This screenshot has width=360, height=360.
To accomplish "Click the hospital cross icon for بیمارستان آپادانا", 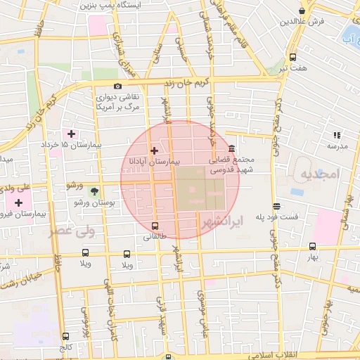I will [154, 150].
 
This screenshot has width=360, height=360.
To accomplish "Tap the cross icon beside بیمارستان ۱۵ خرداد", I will [71, 134].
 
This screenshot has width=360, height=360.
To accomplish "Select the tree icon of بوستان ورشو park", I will [94, 191].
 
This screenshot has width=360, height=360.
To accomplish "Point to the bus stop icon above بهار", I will [313, 246].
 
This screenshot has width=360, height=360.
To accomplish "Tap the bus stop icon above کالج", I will [66, 336].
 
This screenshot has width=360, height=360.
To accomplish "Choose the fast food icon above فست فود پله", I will [277, 206].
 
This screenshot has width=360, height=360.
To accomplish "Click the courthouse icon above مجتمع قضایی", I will [231, 148].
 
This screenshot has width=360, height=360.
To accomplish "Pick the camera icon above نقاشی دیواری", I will [117, 86].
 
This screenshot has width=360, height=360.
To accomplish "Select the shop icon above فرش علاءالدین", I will [302, 11].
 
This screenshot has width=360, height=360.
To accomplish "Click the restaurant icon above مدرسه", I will [336, 134].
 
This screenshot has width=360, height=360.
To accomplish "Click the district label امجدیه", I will [319, 173].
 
